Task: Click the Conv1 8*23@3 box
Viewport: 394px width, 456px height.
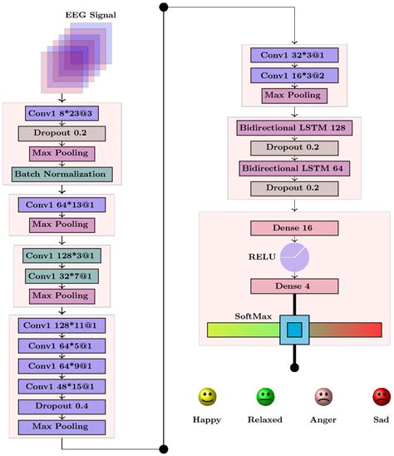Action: (62, 113)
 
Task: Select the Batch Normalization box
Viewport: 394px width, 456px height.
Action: (62, 175)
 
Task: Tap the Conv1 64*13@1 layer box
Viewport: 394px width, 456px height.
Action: (62, 205)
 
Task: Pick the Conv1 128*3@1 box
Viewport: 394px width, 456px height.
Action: (62, 255)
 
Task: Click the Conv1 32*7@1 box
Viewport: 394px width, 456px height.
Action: (62, 276)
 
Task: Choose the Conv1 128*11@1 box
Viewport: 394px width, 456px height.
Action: (62, 325)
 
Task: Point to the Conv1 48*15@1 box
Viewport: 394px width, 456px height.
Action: (62, 386)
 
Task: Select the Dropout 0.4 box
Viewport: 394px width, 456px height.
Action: (62, 407)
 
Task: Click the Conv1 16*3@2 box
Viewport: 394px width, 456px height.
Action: (294, 76)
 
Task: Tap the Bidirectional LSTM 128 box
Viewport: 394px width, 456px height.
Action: (294, 128)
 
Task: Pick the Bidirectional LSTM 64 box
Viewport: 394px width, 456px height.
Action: (294, 169)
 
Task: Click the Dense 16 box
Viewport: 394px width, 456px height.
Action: (294, 228)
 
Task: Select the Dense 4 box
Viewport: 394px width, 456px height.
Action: (294, 286)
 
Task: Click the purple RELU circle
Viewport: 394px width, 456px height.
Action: (294, 257)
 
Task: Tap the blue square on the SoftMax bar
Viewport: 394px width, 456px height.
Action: (294, 330)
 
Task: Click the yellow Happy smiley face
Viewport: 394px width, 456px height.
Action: (207, 397)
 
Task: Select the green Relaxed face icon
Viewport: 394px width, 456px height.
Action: (265, 397)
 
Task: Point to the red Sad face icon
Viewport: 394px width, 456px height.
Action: (382, 397)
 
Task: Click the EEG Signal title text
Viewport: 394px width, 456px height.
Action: (91, 15)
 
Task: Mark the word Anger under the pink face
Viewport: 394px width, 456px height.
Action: (323, 420)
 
